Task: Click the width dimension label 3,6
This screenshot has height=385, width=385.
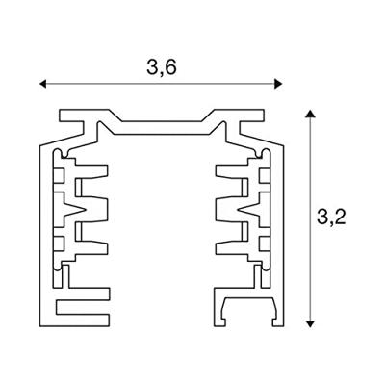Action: coord(162,67)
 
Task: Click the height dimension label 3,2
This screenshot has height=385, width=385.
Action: coord(331,217)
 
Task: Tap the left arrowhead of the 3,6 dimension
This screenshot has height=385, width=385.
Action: coord(43,84)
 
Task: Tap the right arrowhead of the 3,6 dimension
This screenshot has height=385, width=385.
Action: coord(278,84)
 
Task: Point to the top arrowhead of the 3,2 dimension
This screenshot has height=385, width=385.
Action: coord(310,114)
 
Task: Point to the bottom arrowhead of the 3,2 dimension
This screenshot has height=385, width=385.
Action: coord(310,323)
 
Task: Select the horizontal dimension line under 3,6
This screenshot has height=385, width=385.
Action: coord(161,84)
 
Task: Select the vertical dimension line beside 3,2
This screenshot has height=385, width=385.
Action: coord(310,218)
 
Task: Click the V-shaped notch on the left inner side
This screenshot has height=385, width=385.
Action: coord(76,210)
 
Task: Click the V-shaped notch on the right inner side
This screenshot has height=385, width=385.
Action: coord(247,210)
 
